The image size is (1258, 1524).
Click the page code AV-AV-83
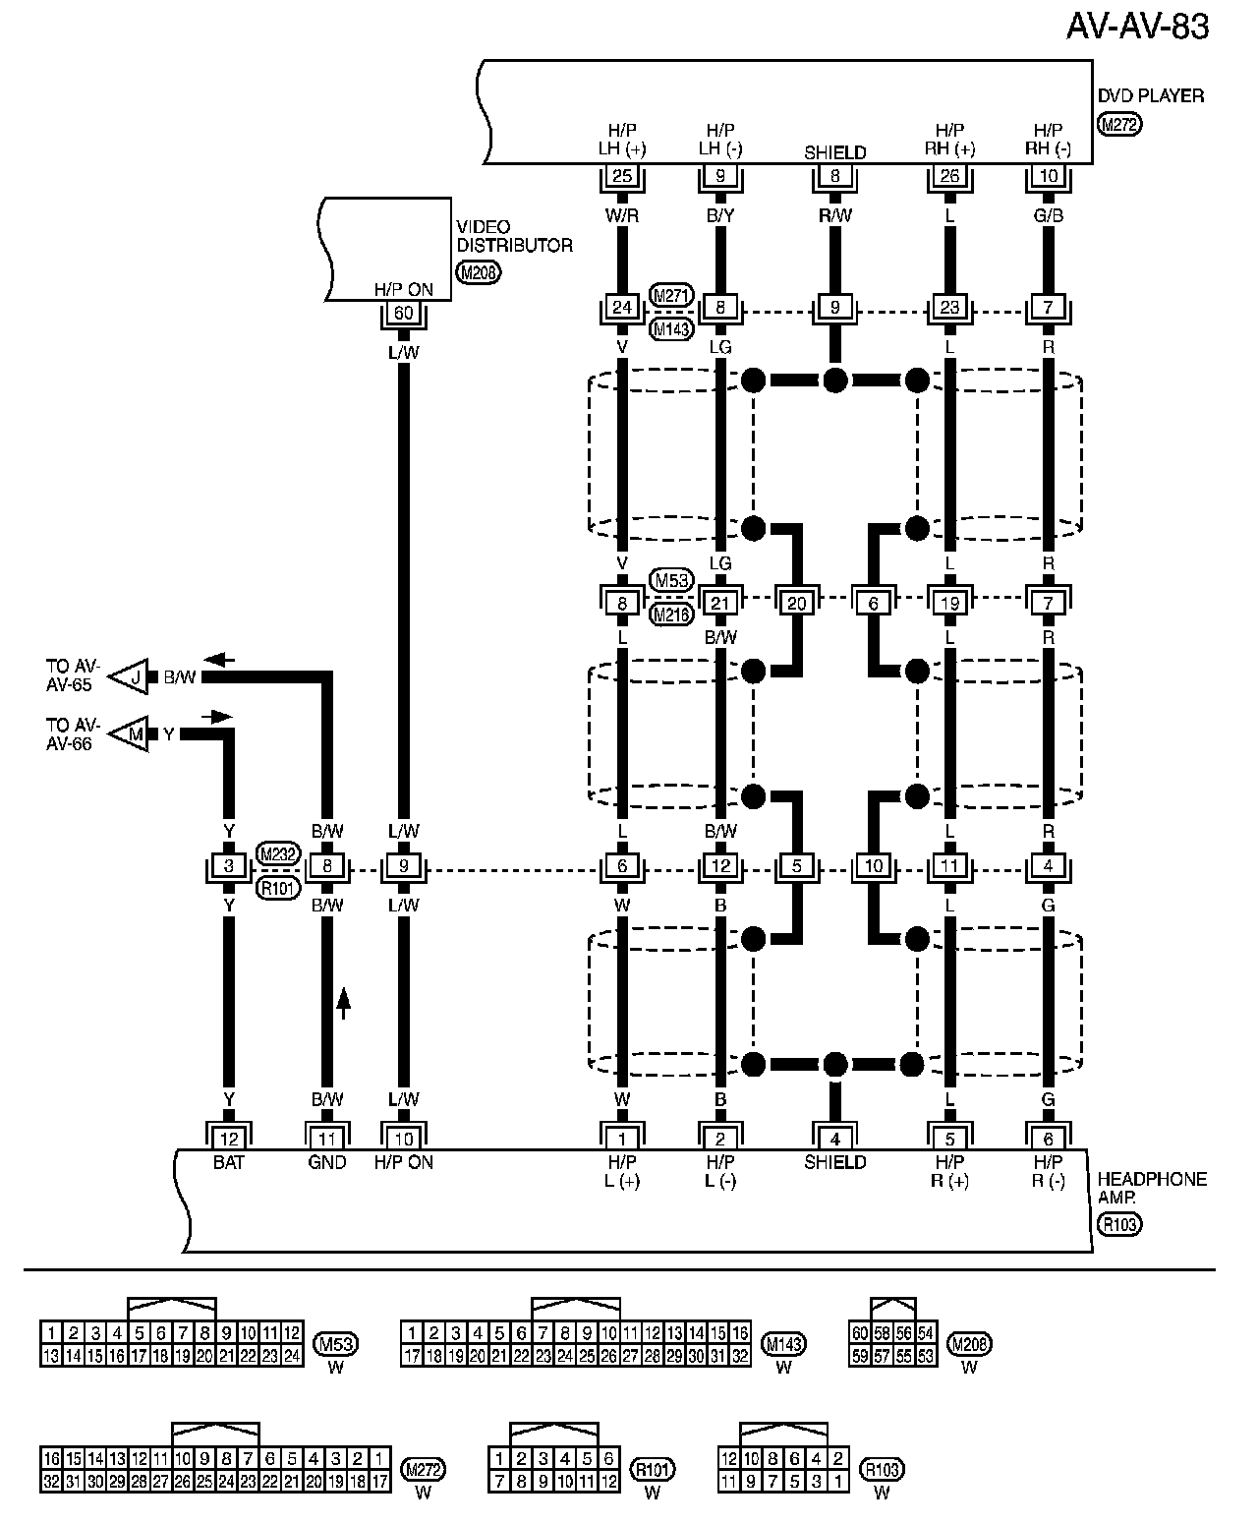[1137, 28]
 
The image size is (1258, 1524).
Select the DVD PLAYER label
[1150, 96]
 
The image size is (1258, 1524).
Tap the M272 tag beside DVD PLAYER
[1120, 125]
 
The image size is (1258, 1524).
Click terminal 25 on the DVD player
[622, 177]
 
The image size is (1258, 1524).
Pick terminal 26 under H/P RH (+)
[949, 177]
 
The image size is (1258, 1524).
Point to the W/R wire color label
[622, 215]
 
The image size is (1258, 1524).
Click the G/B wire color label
[1048, 215]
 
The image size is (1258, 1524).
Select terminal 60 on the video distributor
[403, 314]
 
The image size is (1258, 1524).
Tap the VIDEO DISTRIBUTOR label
[513, 236]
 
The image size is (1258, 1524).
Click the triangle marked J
[130, 676]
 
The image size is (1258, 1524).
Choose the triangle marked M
[130, 733]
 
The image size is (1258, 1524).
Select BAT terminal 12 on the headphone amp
[229, 1139]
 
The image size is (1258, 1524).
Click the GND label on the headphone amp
[327, 1162]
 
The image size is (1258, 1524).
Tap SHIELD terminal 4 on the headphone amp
[835, 1139]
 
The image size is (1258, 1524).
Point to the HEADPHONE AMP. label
[1151, 1188]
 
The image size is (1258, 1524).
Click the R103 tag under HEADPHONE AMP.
[1120, 1224]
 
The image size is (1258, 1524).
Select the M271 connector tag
[671, 295]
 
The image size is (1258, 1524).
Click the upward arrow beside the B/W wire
[344, 1003]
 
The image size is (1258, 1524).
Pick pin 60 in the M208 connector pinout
[859, 1333]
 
